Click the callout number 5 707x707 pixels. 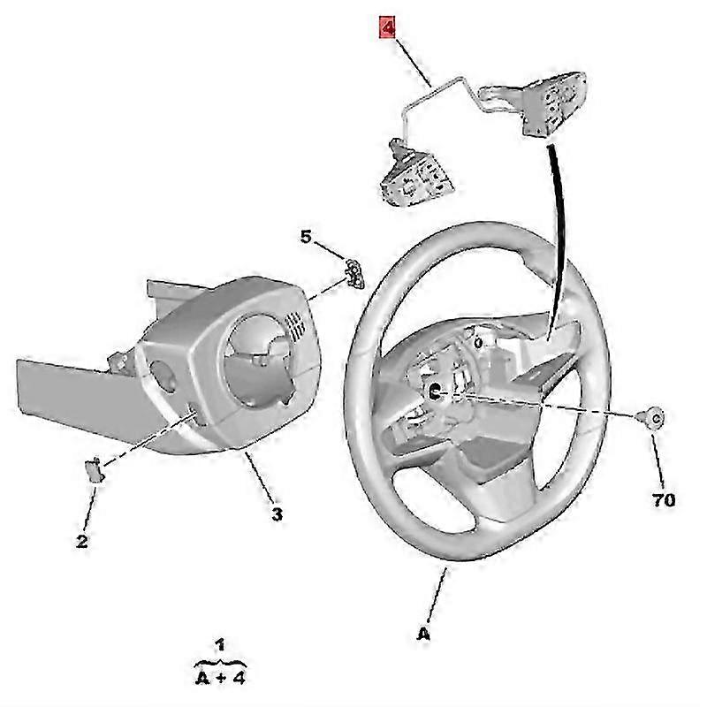click(x=306, y=237)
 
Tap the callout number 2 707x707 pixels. click(x=81, y=542)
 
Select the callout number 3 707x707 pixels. click(x=276, y=513)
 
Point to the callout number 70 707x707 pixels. click(x=664, y=500)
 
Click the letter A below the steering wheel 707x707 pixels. click(x=423, y=635)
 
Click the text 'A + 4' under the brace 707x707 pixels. click(x=220, y=680)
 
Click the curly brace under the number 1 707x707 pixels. click(x=220, y=660)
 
